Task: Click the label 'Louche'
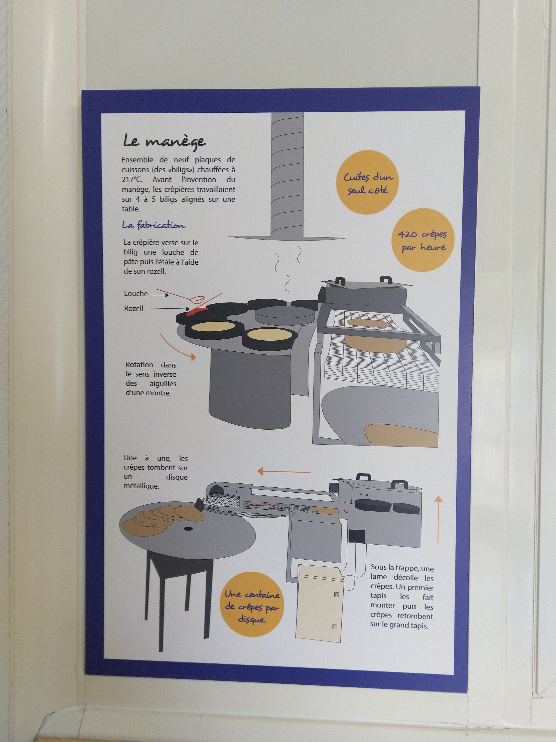tap(136, 294)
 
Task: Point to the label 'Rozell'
tap(134, 308)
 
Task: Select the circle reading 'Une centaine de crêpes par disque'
tap(252, 607)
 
